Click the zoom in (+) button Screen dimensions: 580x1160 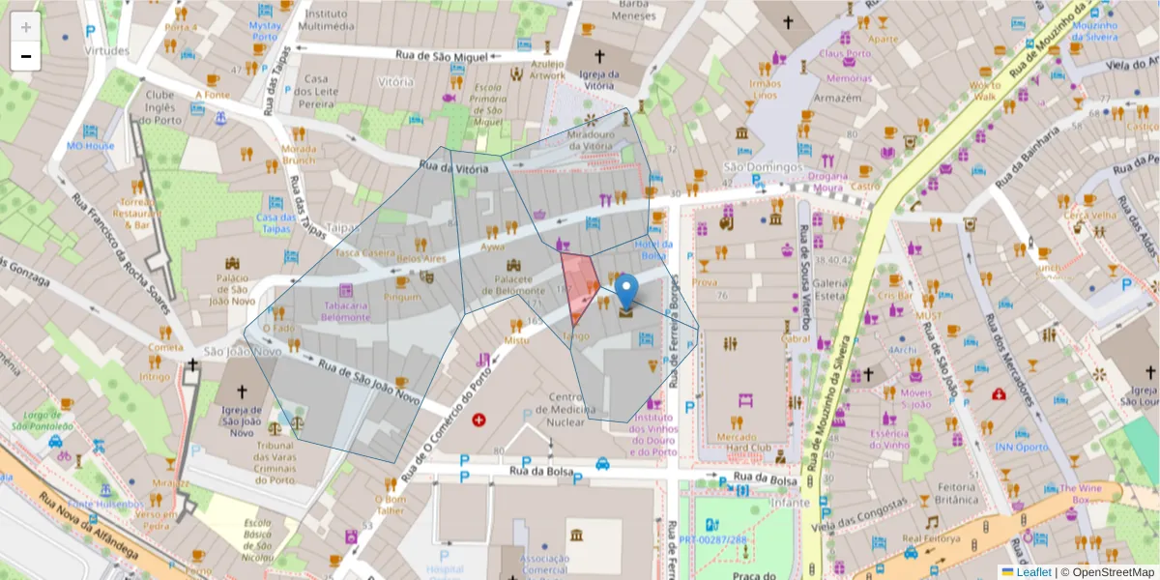tap(25, 27)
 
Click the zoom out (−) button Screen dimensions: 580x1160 tap(25, 56)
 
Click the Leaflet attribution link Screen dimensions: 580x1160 tap(1031, 572)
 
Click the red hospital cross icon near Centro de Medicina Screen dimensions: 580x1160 tap(478, 420)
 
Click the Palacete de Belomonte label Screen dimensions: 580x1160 tap(513, 284)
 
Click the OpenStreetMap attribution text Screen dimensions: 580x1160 tap(1107, 572)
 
